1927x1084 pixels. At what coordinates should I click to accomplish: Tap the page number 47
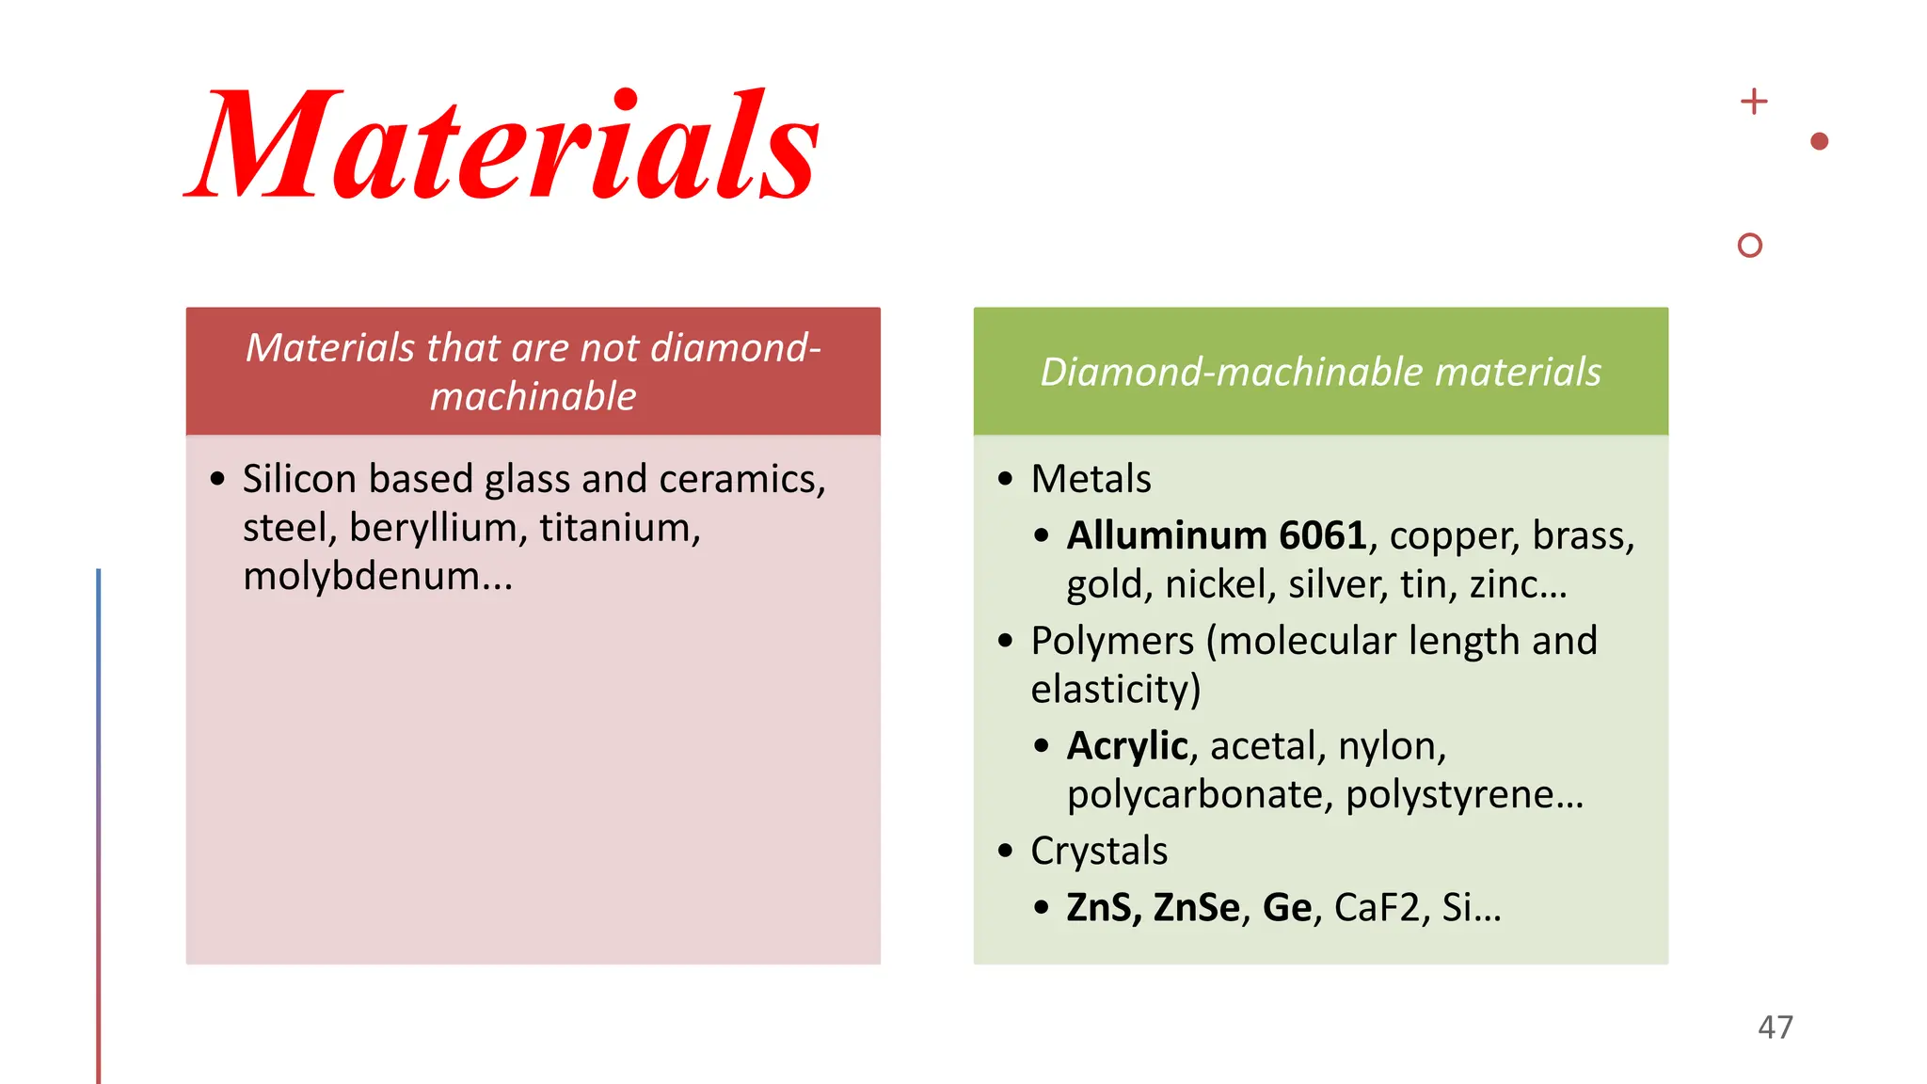(x=1775, y=1027)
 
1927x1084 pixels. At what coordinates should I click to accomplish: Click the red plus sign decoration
(x=1753, y=101)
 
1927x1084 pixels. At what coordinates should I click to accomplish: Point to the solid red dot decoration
(x=1819, y=141)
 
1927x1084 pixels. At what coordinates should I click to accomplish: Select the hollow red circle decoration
(x=1749, y=246)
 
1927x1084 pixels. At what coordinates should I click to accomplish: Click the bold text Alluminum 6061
(x=1216, y=535)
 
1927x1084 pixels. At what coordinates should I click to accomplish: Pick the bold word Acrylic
(x=1126, y=746)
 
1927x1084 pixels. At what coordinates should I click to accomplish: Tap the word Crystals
(x=1098, y=851)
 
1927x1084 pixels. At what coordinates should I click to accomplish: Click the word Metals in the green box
(x=1091, y=479)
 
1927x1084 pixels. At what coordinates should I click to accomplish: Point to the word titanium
(x=618, y=528)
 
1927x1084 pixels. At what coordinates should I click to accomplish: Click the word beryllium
(x=432, y=528)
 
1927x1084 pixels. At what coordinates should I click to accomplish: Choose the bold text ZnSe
(x=1196, y=907)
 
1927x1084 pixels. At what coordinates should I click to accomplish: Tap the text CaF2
(x=1376, y=907)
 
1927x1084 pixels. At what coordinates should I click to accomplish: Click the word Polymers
(x=1112, y=641)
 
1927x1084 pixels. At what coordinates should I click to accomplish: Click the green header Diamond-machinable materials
(x=1320, y=372)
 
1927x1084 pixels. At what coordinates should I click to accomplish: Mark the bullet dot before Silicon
(x=218, y=479)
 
